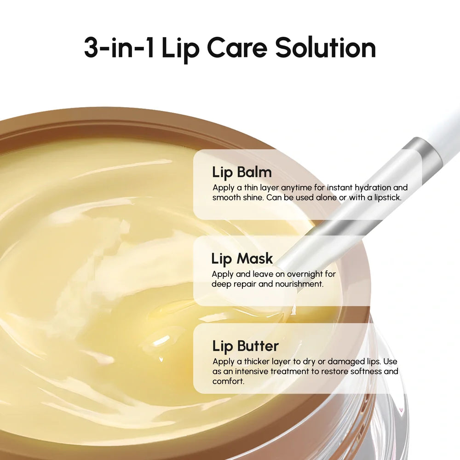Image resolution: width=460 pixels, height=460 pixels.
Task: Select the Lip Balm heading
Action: (x=242, y=172)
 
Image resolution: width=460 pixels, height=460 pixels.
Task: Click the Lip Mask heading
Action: (x=242, y=259)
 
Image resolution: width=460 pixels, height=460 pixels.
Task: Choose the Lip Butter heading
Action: (x=245, y=346)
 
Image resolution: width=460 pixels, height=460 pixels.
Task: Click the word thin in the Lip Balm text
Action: (x=247, y=188)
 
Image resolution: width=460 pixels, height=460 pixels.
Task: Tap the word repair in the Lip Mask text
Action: (x=242, y=284)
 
